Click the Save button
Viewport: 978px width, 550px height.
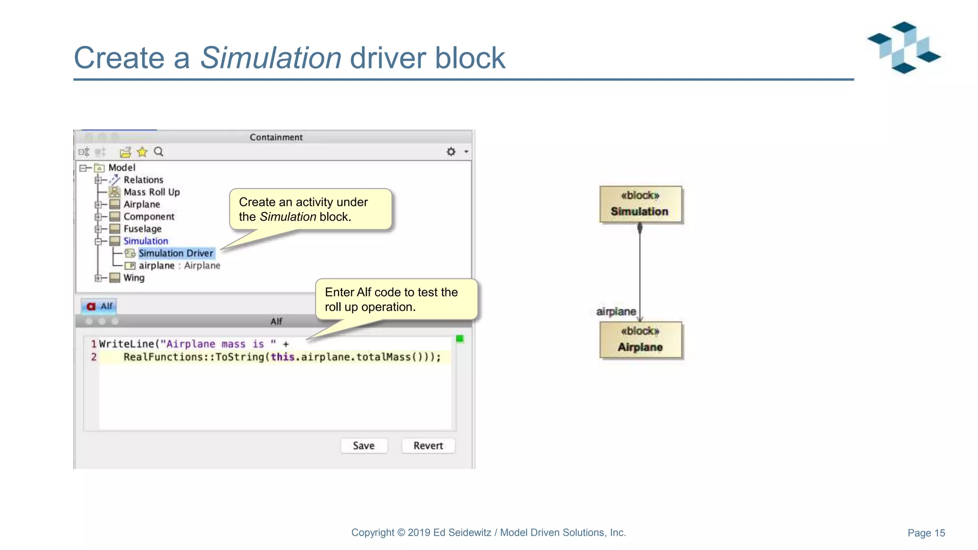click(x=363, y=445)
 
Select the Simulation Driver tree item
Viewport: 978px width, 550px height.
click(x=175, y=253)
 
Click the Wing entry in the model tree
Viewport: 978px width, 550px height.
click(x=134, y=278)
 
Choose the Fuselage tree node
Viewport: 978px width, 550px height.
click(x=142, y=229)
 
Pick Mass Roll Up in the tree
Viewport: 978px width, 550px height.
click(x=151, y=192)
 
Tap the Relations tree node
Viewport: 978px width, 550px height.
click(x=143, y=180)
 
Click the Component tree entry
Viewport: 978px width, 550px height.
click(x=149, y=216)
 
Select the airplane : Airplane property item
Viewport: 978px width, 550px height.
click(x=179, y=265)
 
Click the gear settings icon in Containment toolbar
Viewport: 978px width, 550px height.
click(x=451, y=152)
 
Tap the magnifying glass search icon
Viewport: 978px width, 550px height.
click(x=159, y=152)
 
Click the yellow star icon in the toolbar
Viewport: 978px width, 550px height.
click(x=142, y=152)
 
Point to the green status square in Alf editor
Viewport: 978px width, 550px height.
click(x=459, y=339)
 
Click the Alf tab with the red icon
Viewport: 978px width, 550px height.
click(x=99, y=306)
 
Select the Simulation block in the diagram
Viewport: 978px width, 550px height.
click(x=640, y=204)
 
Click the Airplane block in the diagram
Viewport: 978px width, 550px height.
click(x=640, y=340)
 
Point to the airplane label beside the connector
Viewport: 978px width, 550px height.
click(x=616, y=312)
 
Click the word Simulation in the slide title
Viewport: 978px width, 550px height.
click(x=270, y=58)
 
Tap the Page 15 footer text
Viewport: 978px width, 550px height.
click(x=926, y=533)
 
